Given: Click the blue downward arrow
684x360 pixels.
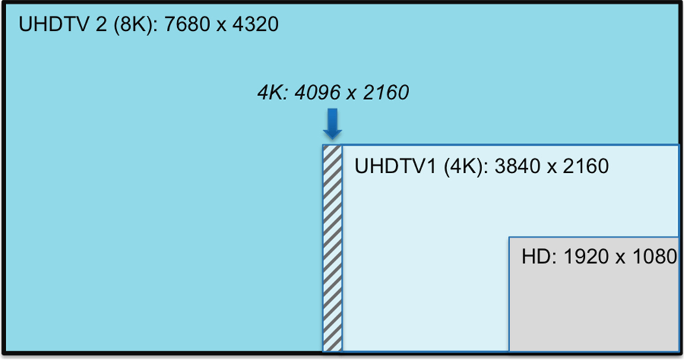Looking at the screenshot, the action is coord(332,125).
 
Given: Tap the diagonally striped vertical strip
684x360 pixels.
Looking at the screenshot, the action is coord(332,248).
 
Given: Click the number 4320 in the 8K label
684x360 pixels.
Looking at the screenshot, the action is coord(256,24).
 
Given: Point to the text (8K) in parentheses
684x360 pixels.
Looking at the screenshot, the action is coord(135,25).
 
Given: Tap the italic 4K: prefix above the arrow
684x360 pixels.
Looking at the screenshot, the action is coord(272,92).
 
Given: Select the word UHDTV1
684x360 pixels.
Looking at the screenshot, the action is coord(395,166).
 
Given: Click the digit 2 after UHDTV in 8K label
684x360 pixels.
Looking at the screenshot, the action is coord(101,24).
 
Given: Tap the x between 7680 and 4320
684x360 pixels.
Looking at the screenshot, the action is coord(222,26).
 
